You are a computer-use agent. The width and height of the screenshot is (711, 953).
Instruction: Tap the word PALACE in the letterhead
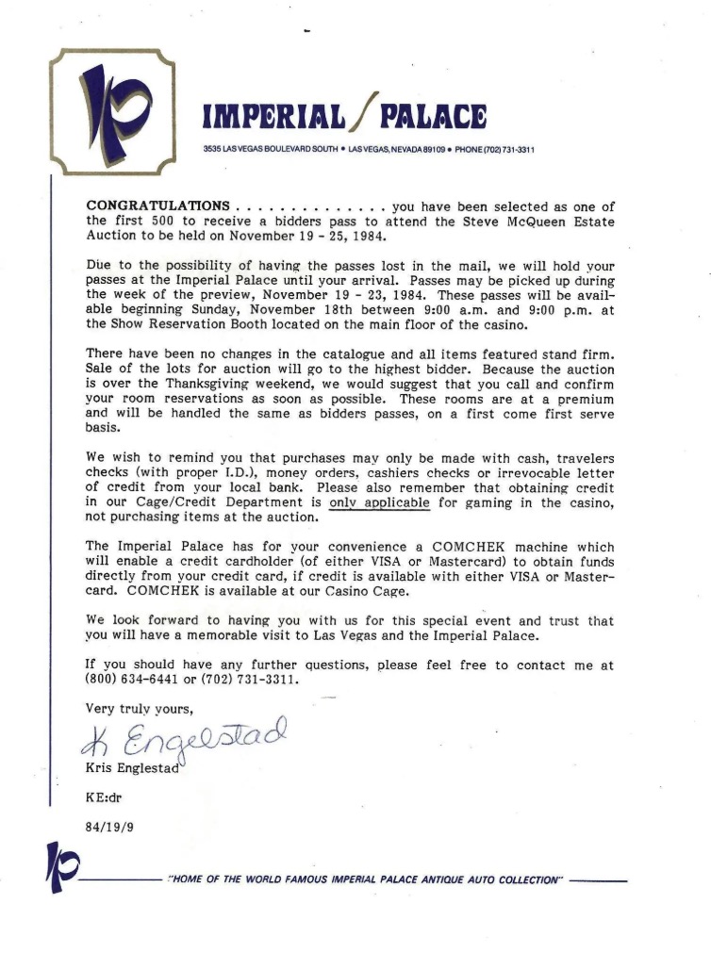(x=434, y=118)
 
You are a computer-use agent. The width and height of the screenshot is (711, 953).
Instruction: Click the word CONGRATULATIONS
(x=157, y=206)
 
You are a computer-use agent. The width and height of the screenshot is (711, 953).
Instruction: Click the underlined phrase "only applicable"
(x=379, y=502)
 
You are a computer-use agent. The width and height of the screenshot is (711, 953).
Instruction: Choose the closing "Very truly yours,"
(x=140, y=709)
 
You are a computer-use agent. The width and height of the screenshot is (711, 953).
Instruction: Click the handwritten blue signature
(x=180, y=742)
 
